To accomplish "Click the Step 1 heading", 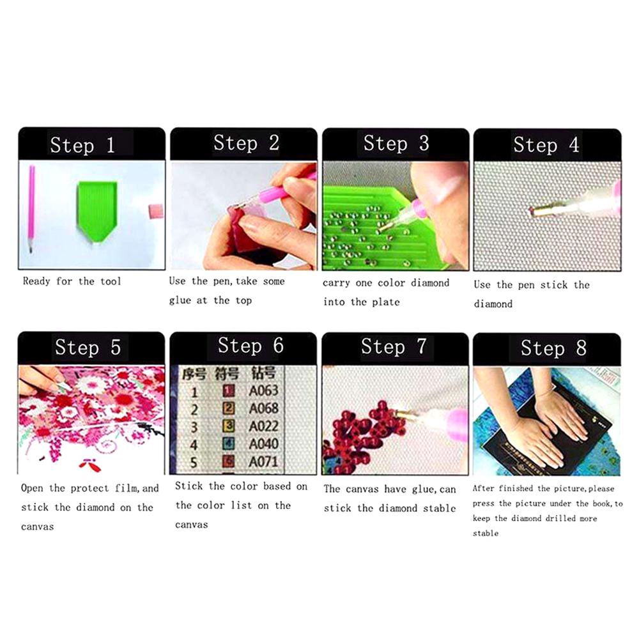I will tap(82, 145).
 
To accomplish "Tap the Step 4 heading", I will tap(546, 145).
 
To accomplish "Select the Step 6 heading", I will tap(250, 346).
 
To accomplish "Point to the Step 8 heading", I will tap(553, 348).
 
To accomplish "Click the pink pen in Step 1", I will tap(31, 208).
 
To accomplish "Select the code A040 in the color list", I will tap(263, 443).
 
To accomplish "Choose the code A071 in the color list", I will tap(263, 461).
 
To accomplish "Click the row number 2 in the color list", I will tap(194, 408).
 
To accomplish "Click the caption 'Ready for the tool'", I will tap(72, 281).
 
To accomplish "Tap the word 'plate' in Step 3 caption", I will tap(385, 302).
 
